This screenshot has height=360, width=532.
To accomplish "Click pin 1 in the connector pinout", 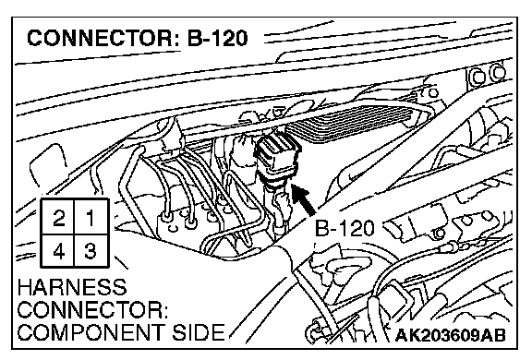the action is coord(91,217).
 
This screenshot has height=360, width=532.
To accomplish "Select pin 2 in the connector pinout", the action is coord(58,217).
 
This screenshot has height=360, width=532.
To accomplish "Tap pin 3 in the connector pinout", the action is coord(91,251).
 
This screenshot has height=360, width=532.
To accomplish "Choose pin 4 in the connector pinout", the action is coord(58,251).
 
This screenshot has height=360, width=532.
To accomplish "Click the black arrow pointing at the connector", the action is coord(304,200).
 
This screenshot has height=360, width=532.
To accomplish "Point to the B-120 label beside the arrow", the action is coord(345,228).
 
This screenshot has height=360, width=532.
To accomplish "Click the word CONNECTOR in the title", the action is coord(100,38).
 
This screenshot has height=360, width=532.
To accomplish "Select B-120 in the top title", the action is coord(217,38).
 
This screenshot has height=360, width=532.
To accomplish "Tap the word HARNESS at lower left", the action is coord(72,287).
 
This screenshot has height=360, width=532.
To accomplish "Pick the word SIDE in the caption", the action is coord(199,332).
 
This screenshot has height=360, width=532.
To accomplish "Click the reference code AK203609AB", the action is coord(450,335).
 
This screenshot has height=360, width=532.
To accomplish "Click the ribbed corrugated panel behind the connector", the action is coord(353,122).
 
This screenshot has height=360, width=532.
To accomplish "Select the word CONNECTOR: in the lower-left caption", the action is coord(92,309).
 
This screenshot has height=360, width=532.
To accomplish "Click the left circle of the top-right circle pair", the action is coord(478,77).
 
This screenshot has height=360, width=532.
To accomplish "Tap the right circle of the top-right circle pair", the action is coord(498,73).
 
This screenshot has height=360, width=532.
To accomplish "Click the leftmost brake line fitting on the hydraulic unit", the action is coord(166,216).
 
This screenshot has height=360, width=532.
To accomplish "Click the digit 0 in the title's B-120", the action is coord(239,38).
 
